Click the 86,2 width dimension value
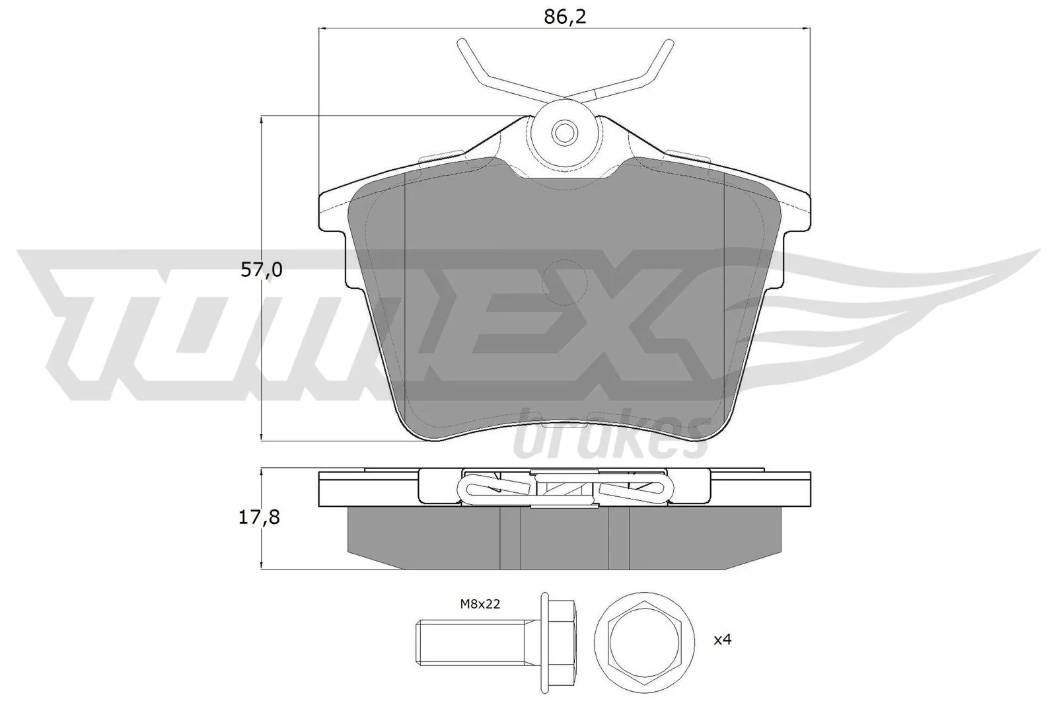pyautogui.click(x=565, y=17)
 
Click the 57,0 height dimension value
pyautogui.click(x=261, y=270)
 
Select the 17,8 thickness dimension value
pyautogui.click(x=260, y=517)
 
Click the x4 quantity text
pyautogui.click(x=723, y=639)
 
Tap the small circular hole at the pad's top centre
pyautogui.click(x=565, y=133)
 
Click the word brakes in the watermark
pyautogui.click(x=608, y=439)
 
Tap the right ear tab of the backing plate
pyautogui.click(x=796, y=211)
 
